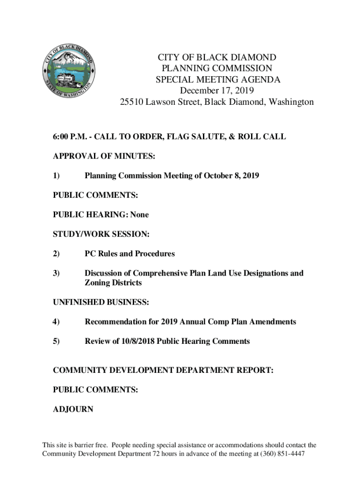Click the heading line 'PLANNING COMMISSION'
[216, 68]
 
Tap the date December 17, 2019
[216, 91]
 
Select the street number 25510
[131, 102]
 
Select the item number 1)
[56, 176]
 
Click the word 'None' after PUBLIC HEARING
[139, 215]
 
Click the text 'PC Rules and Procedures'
[130, 254]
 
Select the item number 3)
[56, 273]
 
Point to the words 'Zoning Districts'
[113, 283]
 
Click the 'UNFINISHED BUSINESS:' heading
[101, 303]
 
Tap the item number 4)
[56, 322]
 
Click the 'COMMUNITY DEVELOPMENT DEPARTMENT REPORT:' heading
[163, 370]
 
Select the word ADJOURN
[73, 409]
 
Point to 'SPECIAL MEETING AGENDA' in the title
[217, 80]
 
